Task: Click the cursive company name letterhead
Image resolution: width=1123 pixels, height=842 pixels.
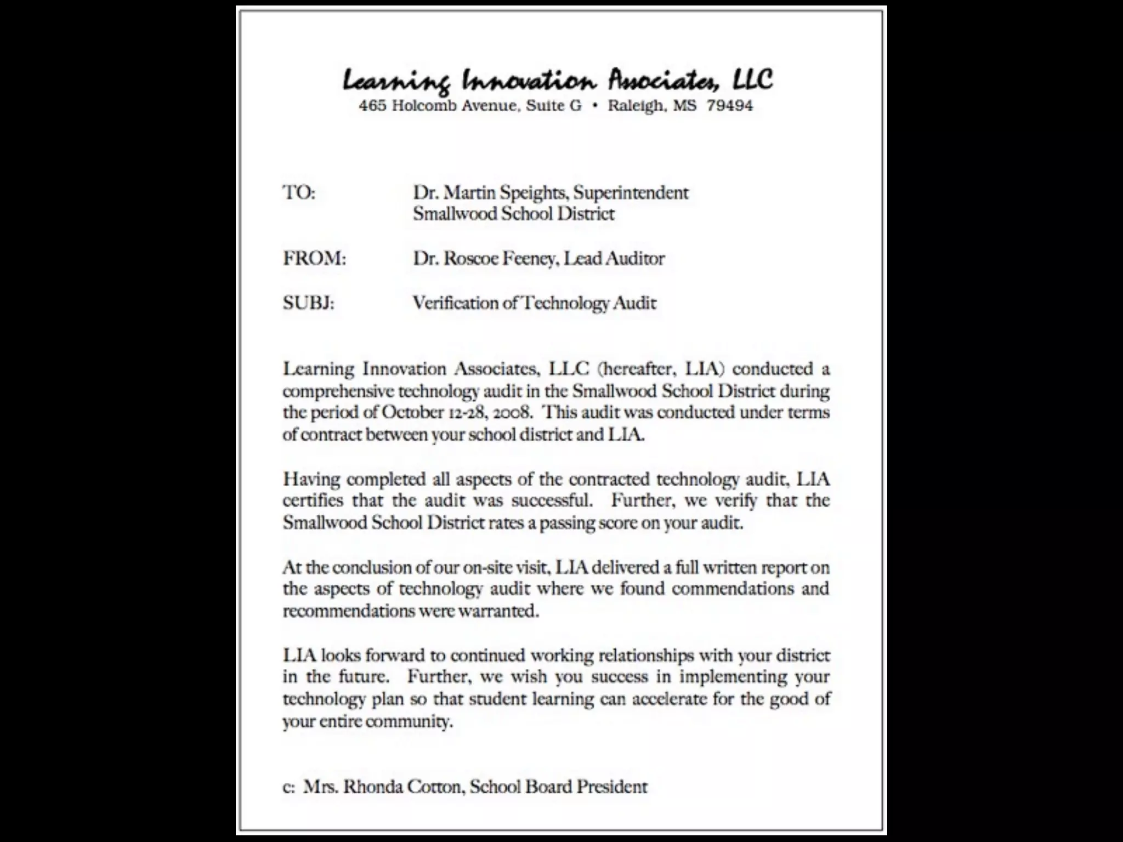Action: pyautogui.click(x=558, y=81)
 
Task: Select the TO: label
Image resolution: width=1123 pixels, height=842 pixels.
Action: pyautogui.click(x=299, y=193)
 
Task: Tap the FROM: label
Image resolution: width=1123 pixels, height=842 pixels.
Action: pyautogui.click(x=314, y=258)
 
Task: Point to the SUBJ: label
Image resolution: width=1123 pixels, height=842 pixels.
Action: pyautogui.click(x=308, y=303)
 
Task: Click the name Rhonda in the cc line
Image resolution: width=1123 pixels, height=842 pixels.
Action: pyautogui.click(x=376, y=787)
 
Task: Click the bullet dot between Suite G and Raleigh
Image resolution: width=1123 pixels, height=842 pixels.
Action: pyautogui.click(x=595, y=106)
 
